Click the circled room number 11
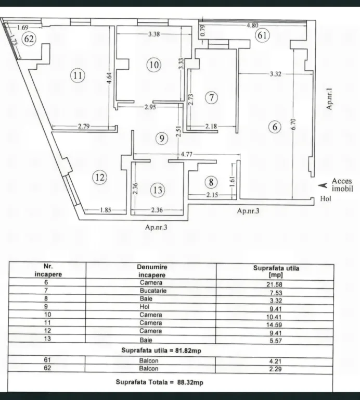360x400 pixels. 78,76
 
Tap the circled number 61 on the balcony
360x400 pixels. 262,35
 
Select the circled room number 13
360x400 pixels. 158,190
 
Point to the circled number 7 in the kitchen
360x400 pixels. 211,97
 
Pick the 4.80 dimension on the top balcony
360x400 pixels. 252,25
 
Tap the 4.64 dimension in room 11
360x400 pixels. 109,78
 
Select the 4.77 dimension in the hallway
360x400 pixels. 186,154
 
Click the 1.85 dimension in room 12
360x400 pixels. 106,210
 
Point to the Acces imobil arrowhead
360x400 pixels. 323,185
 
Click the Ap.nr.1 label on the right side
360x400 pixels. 329,99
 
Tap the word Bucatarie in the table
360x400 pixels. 153,291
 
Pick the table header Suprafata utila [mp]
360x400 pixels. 276,271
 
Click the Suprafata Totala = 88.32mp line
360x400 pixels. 160,382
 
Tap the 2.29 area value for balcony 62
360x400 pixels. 275,369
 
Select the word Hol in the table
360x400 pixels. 144,307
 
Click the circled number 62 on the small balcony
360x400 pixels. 29,39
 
